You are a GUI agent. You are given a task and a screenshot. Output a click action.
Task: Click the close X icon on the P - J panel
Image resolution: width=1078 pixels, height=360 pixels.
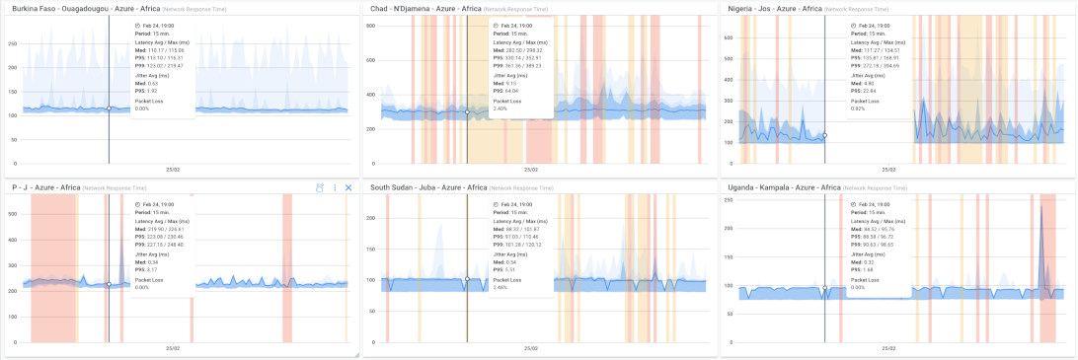pos(348,187)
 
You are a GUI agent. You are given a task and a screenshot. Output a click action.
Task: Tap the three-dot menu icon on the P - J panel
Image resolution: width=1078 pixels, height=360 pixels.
pos(335,187)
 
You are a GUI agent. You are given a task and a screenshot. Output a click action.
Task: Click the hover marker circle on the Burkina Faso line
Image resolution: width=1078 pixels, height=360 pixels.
pos(109,108)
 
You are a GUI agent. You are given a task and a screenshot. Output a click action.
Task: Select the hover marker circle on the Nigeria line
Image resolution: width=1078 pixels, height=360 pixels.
pos(824,135)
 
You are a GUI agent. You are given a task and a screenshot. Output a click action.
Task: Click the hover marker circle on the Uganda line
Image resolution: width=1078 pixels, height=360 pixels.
pos(824,288)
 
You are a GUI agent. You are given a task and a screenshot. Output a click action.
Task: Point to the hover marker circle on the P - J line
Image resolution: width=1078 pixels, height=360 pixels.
pos(109,284)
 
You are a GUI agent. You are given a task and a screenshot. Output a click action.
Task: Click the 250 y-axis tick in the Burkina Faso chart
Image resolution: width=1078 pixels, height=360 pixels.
pos(13,43)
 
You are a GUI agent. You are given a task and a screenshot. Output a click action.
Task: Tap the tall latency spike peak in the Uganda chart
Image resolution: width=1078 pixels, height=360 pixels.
pos(1042,205)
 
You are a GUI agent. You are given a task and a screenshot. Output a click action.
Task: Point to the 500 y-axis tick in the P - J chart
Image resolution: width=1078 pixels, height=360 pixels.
pos(13,210)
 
